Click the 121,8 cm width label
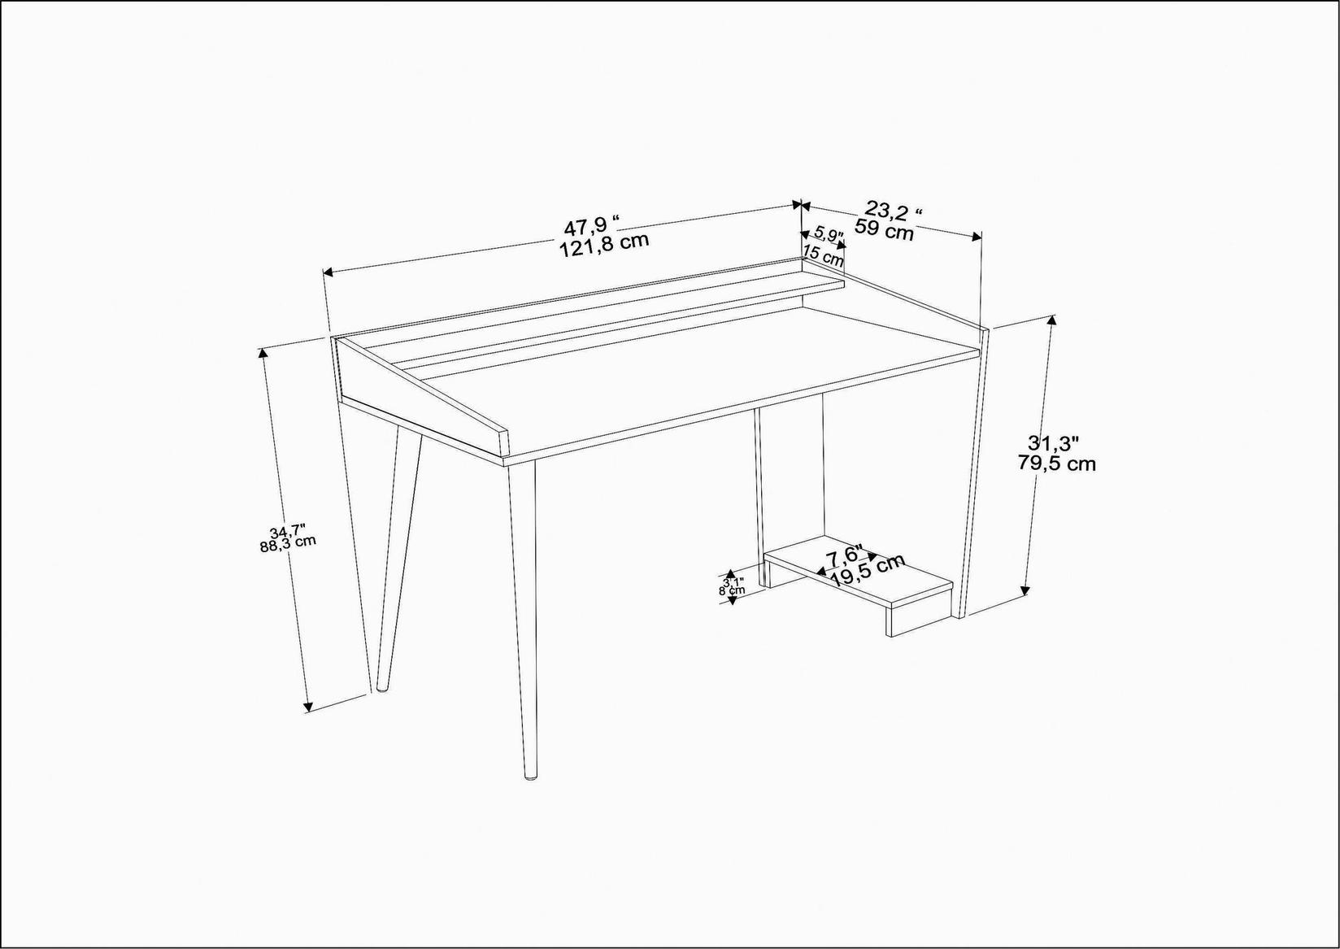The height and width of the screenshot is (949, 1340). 604,242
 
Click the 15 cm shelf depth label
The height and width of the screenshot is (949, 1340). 823,256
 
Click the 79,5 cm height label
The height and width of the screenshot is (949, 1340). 1056,464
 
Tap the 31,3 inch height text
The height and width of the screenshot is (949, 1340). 1053,443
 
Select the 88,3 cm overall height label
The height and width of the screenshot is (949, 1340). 288,543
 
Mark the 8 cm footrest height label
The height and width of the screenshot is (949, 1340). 731,591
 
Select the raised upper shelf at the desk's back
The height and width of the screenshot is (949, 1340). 618,322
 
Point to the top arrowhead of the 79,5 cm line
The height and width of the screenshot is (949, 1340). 1053,320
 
